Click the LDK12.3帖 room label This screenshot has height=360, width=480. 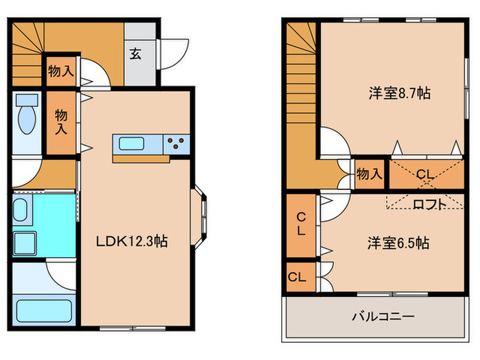click(132, 241)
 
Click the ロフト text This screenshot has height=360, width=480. click(430, 203)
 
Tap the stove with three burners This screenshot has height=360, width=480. click(176, 143)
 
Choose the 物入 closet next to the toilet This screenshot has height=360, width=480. click(62, 121)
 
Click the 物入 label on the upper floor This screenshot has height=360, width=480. click(370, 174)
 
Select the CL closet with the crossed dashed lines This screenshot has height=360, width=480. click(424, 174)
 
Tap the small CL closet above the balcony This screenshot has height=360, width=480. click(297, 277)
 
